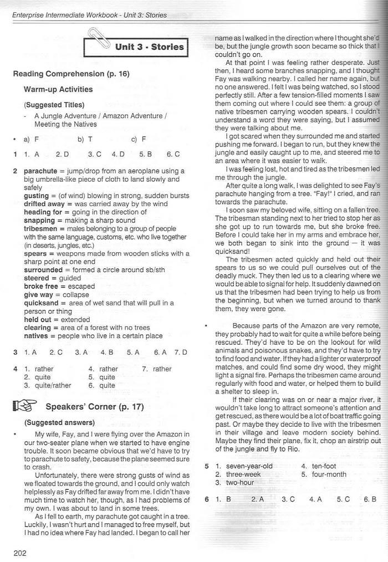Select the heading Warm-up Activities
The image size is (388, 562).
(58, 89)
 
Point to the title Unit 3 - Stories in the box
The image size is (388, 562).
(149, 47)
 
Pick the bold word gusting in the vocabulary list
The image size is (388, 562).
(37, 196)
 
